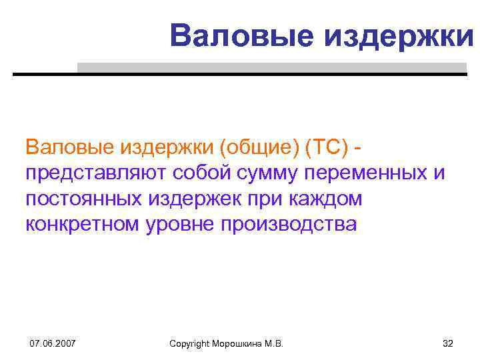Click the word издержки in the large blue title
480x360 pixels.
(399, 35)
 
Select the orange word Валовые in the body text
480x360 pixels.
(69, 147)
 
